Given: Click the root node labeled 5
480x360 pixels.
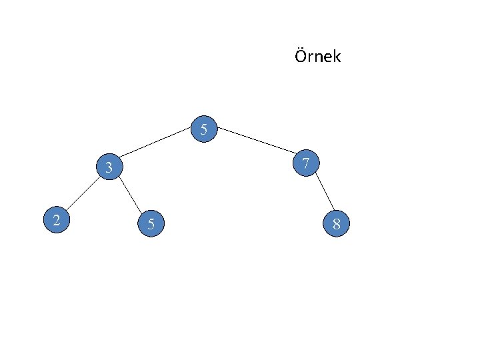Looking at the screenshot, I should click(205, 129).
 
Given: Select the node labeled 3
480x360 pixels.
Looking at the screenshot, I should click(108, 167).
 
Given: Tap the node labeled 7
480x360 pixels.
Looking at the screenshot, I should click(305, 163).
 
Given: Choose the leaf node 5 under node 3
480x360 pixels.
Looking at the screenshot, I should click(151, 225).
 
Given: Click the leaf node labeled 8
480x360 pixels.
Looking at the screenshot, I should click(336, 224).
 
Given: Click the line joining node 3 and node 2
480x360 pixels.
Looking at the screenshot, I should click(83, 193).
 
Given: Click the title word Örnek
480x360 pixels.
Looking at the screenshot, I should click(317, 57).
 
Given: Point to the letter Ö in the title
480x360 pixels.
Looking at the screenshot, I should click(300, 56).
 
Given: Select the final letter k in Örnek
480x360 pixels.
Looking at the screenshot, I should click(337, 57).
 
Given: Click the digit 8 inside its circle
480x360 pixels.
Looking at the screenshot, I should click(336, 224).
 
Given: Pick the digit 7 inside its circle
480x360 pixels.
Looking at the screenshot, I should click(305, 163).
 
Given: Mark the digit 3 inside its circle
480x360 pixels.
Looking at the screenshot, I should click(108, 167).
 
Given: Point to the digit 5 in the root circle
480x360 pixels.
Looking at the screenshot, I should click(205, 129).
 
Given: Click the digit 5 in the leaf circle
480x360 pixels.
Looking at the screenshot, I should click(151, 225).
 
